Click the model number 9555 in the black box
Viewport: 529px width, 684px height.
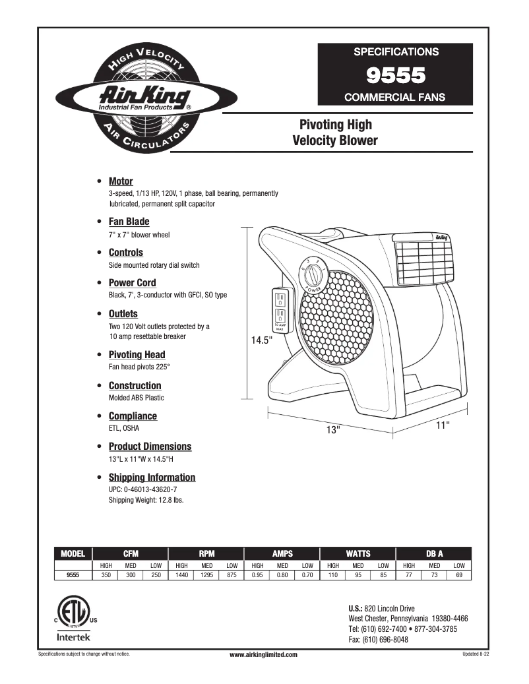tap(395, 75)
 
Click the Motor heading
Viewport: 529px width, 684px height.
tap(121, 181)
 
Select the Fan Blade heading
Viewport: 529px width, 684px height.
tap(129, 222)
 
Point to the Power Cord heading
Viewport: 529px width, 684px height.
tap(132, 283)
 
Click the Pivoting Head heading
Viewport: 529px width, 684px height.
tap(137, 354)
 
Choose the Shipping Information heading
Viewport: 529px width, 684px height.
tap(152, 477)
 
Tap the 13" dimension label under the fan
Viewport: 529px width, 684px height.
tap(333, 430)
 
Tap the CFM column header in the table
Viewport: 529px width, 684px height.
tap(131, 553)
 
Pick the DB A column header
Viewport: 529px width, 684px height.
tap(434, 553)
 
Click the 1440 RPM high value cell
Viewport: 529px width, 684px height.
tap(181, 575)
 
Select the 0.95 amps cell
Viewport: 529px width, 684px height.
tap(257, 575)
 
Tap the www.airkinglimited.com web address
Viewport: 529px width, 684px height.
tap(263, 654)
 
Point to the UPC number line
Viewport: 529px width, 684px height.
tap(142, 490)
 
